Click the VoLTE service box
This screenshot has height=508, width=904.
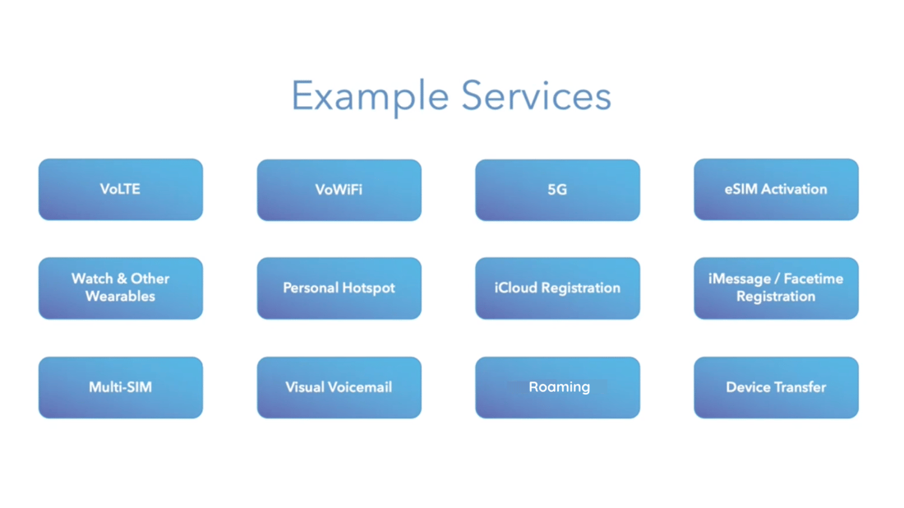[x=120, y=189]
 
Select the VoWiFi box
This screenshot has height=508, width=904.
[x=339, y=190]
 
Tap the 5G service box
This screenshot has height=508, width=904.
[x=557, y=190]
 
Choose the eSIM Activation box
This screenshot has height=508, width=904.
[x=776, y=189]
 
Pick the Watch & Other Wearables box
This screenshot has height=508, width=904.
[x=120, y=288]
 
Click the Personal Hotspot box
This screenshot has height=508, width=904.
[x=339, y=288]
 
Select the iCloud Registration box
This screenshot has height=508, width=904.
[x=557, y=288]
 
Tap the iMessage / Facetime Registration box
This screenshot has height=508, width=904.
[x=776, y=288]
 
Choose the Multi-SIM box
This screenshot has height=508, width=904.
[x=120, y=387]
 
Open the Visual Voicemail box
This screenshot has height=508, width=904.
[x=339, y=387]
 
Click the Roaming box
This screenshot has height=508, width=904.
[x=557, y=387]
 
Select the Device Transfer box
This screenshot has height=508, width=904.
[x=776, y=387]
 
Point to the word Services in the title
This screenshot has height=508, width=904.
[x=536, y=96]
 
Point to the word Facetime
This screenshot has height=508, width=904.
[x=814, y=279]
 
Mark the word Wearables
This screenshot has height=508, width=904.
[x=120, y=297]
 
